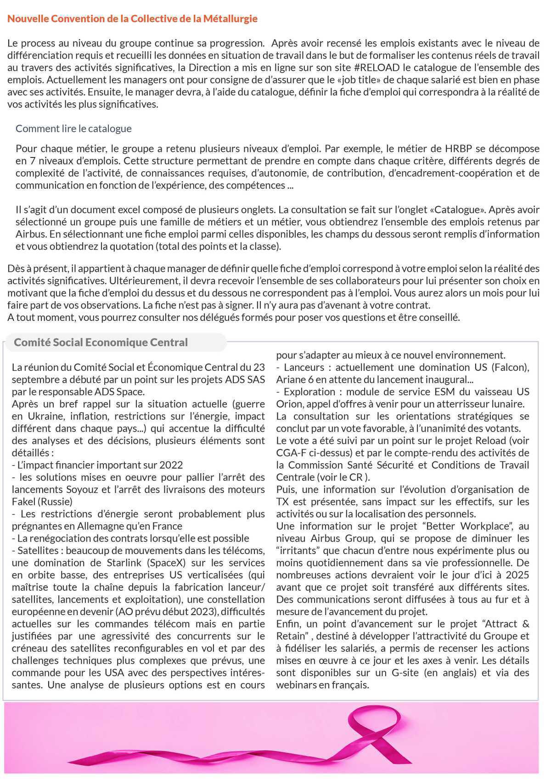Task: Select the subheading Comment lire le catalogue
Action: [73, 129]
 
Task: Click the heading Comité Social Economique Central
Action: [101, 342]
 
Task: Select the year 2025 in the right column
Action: [517, 575]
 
